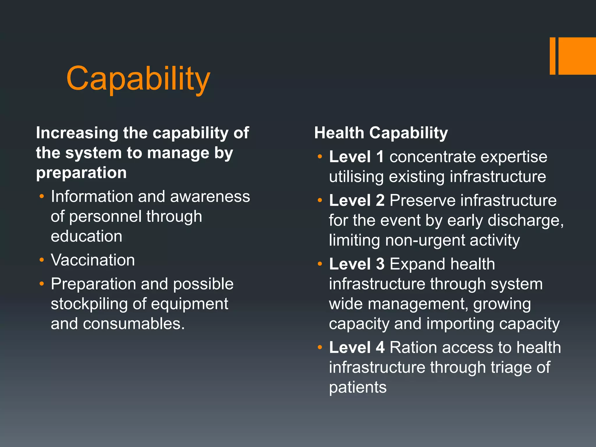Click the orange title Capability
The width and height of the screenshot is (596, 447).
(138, 79)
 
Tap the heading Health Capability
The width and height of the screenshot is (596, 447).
(381, 133)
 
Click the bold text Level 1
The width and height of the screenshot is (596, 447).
(356, 157)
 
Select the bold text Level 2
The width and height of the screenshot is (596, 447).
(357, 201)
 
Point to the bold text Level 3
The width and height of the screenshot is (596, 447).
(357, 264)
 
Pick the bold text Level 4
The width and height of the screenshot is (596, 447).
(357, 347)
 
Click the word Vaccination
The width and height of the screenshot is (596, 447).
(93, 260)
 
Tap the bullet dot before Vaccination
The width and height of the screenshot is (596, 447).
(42, 260)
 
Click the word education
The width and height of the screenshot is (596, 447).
(86, 236)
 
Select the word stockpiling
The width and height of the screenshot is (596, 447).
(89, 304)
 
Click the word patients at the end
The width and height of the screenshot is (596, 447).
(358, 388)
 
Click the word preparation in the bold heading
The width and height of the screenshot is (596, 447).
(81, 173)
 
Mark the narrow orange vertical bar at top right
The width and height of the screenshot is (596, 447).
(552, 56)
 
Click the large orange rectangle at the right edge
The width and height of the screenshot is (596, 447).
(577, 56)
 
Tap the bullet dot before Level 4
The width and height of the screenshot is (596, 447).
(320, 347)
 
